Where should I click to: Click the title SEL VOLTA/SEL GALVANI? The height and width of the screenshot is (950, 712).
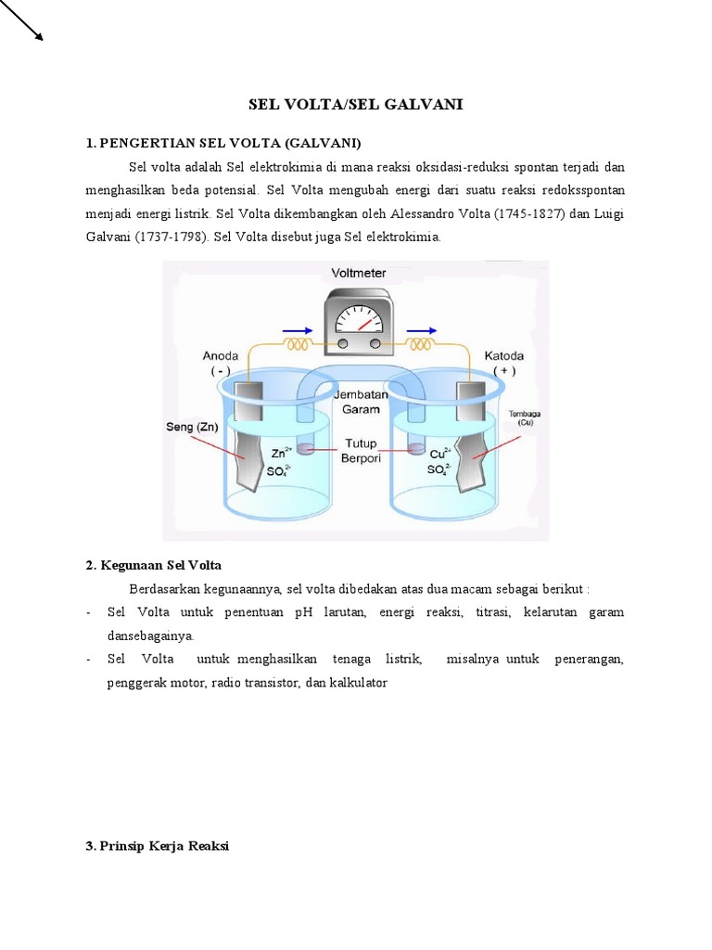(356, 105)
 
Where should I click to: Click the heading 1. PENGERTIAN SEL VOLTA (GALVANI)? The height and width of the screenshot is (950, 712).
(223, 143)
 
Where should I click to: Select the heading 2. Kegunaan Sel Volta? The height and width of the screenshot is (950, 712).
(153, 565)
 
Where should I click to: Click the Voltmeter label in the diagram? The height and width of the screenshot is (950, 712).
(359, 274)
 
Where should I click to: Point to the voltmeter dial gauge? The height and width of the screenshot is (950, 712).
(358, 318)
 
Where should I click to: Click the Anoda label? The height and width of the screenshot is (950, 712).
(221, 355)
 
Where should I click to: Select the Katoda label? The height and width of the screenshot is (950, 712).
(503, 355)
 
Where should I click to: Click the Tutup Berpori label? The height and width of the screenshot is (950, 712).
(361, 450)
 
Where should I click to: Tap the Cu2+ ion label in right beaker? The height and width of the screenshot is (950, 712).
(440, 454)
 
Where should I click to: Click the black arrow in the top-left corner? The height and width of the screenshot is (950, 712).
(23, 20)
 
